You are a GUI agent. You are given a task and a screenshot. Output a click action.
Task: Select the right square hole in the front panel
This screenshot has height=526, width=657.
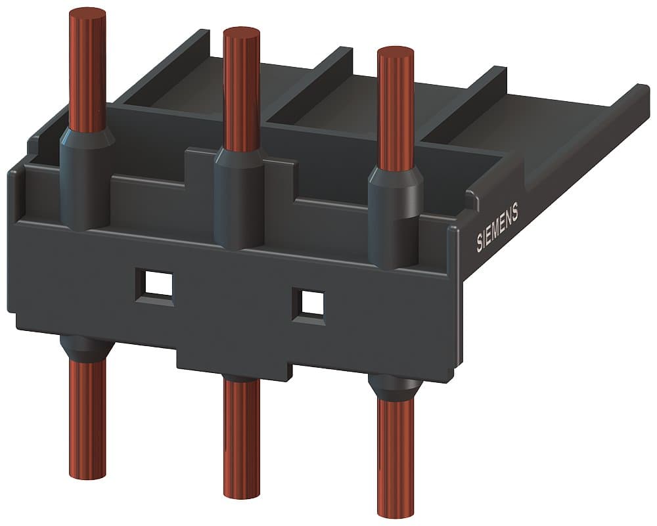pos(309,302)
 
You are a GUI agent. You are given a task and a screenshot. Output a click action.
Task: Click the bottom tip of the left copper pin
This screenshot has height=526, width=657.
pos(87,472)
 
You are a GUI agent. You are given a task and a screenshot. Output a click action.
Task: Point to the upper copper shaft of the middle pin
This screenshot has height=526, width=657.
pos(241,92)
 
